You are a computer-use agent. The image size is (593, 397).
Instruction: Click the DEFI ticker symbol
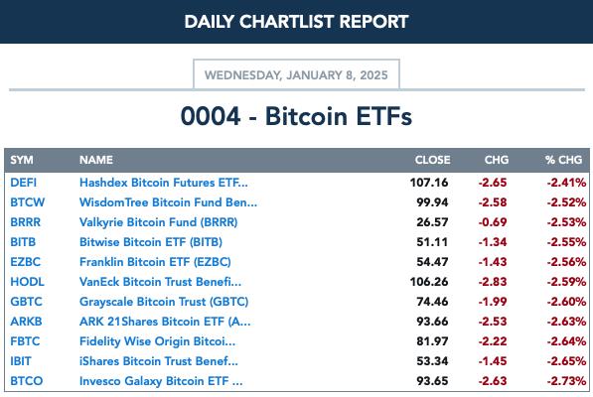click(x=24, y=183)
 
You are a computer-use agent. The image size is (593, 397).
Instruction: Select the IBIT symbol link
click(x=21, y=361)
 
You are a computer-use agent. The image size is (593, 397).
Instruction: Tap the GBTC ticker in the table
click(x=26, y=302)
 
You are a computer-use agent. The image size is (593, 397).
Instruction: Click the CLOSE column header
click(x=432, y=160)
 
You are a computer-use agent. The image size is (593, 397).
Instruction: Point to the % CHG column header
click(x=563, y=160)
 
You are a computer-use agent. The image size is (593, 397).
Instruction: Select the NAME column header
click(x=96, y=160)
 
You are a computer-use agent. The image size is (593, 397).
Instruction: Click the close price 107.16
click(x=429, y=183)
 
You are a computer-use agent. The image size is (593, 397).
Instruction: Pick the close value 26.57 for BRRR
click(x=432, y=222)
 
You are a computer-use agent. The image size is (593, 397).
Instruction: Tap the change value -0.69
click(x=493, y=222)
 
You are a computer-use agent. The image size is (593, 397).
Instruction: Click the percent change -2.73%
click(x=566, y=381)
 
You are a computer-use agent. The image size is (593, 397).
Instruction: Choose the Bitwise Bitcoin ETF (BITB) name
click(x=151, y=242)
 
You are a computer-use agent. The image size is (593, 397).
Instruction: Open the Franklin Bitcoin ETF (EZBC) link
click(x=155, y=262)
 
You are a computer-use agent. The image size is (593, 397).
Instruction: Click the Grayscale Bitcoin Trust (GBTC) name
click(x=164, y=302)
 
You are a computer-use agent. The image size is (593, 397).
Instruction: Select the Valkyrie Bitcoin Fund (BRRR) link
click(x=159, y=222)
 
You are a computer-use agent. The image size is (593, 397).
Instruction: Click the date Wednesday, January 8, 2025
click(x=296, y=75)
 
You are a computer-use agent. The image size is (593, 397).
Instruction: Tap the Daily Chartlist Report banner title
click(x=296, y=22)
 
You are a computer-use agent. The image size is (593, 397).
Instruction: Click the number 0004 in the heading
click(x=211, y=116)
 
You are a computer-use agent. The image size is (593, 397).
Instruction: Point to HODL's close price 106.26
click(x=429, y=282)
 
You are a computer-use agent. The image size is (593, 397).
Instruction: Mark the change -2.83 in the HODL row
click(x=493, y=282)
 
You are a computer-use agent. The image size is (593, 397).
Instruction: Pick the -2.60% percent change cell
click(x=566, y=302)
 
